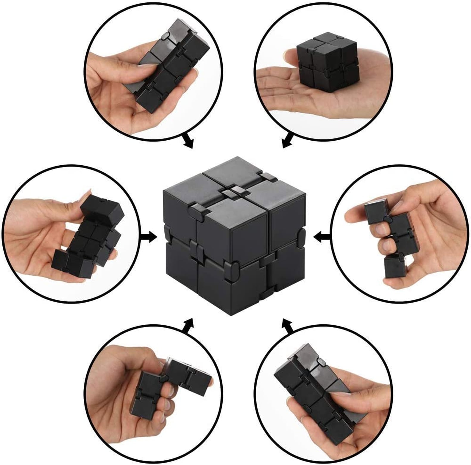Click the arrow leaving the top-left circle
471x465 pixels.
click(188, 141)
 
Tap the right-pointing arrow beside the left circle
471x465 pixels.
click(149, 237)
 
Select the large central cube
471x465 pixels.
click(234, 235)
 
